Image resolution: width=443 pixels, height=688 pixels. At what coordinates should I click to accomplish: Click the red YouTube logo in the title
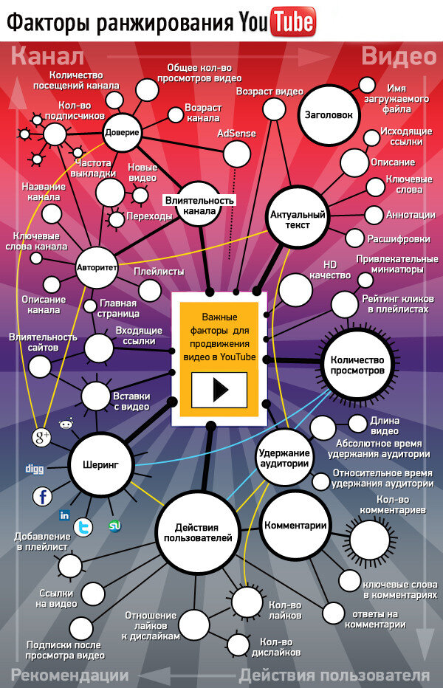[x=292, y=23]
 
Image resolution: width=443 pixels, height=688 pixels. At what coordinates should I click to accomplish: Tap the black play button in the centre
[x=219, y=389]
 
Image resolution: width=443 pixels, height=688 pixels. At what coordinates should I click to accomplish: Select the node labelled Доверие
[x=121, y=134]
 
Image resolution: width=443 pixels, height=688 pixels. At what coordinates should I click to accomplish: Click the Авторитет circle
[x=97, y=266]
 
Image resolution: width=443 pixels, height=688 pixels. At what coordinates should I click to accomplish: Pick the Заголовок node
[x=329, y=114]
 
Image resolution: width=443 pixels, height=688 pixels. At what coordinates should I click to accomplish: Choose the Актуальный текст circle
[x=298, y=219]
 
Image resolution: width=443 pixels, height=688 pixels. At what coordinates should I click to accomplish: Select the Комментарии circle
[x=295, y=525]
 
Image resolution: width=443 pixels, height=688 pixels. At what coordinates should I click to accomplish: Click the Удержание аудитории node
[x=282, y=458]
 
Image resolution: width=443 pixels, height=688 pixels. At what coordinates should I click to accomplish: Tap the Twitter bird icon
[x=83, y=527]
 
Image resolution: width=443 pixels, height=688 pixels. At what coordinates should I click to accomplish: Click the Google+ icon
[x=42, y=438]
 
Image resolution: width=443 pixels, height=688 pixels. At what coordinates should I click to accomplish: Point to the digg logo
[x=35, y=468]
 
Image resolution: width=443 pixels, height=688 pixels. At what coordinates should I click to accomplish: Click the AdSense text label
[x=236, y=134]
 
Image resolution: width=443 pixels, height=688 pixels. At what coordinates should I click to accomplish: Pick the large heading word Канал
[x=48, y=57]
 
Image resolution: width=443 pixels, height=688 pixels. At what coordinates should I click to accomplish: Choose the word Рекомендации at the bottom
[x=69, y=675]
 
